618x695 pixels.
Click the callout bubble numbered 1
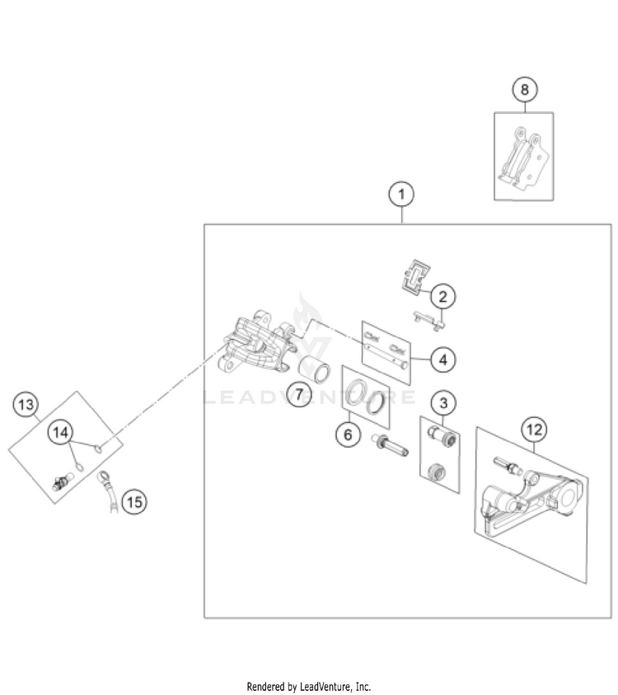pos(401,195)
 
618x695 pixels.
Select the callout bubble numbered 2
pos(442,296)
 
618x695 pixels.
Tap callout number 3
pos(444,403)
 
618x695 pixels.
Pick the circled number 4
pos(442,359)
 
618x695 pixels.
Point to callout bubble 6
pos(349,433)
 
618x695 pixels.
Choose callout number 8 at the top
pos(525,89)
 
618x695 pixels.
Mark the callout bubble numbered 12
pos(534,429)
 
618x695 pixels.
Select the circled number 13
pos(26,405)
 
